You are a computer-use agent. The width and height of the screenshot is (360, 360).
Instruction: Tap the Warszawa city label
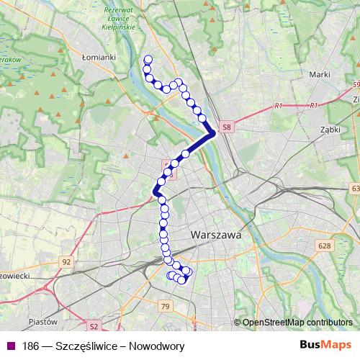tap(215, 235)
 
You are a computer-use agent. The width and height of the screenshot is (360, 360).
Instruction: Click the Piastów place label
tap(43, 322)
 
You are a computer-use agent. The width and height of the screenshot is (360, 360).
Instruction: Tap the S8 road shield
tap(228, 127)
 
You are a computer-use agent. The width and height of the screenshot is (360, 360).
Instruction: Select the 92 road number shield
tap(67, 262)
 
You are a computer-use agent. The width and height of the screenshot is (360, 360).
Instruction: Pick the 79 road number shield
tap(166, 307)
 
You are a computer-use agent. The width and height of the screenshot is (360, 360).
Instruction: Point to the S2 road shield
tap(93, 325)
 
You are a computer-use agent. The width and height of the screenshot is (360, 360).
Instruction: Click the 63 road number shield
tap(354, 189)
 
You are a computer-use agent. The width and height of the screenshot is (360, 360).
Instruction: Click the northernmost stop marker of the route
tap(148, 60)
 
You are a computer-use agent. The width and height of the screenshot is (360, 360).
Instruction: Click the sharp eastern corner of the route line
tap(213, 133)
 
